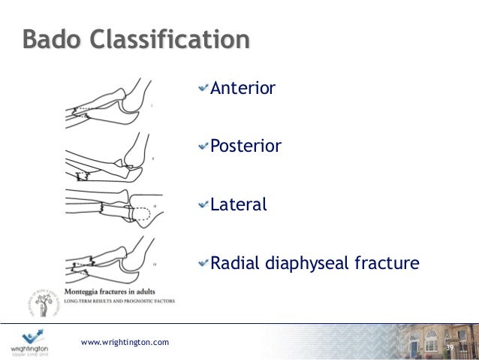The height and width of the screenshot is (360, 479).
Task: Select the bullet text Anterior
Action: [243, 89]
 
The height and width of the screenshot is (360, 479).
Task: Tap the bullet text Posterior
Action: [246, 146]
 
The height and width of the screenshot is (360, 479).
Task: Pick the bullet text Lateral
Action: [238, 204]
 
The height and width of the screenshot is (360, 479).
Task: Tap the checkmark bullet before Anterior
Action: [203, 89]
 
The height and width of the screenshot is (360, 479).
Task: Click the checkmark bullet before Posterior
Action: [203, 146]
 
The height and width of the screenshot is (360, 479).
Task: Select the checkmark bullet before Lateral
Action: [203, 204]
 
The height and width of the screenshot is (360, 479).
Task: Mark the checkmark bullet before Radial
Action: [203, 263]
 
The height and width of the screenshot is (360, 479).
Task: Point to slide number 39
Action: [450, 348]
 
